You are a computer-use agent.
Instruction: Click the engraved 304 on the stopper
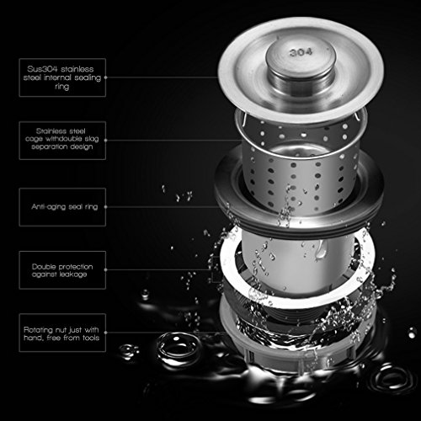[301, 52]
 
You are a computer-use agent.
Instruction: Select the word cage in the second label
[34, 140]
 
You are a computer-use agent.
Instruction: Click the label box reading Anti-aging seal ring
[62, 207]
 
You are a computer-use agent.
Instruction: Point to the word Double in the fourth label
[44, 266]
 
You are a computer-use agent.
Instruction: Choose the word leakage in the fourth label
[73, 274]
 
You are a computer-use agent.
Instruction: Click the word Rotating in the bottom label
[38, 330]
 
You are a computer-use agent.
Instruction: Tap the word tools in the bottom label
[91, 338]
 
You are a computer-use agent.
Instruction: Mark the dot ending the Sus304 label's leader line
[106, 77]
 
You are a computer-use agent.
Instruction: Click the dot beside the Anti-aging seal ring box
[106, 207]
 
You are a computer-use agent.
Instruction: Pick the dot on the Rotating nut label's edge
[106, 333]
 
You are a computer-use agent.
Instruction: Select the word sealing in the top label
[88, 78]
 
